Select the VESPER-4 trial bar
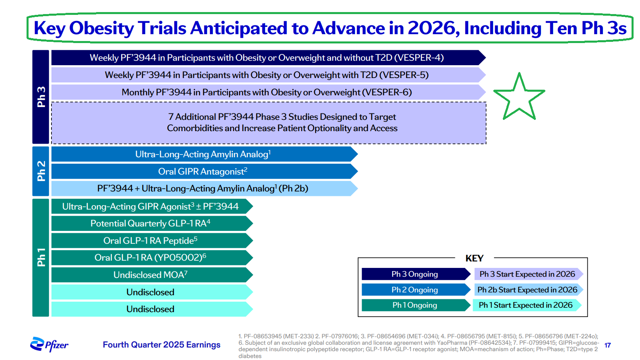pyautogui.click(x=267, y=58)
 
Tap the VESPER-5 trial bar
pyautogui.click(x=267, y=75)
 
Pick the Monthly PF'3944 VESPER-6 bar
pyautogui.click(x=267, y=92)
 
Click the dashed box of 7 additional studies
pyautogui.click(x=268, y=123)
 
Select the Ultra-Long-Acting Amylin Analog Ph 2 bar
pyautogui.click(x=203, y=154)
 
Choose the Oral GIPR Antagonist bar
pyautogui.click(x=203, y=171)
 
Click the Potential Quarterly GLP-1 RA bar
pyautogui.click(x=150, y=223)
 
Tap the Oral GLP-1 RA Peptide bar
pyautogui.click(x=150, y=241)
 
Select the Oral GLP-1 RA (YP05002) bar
pyautogui.click(x=150, y=257)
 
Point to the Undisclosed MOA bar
pyautogui.click(x=150, y=275)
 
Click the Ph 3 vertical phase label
pyautogui.click(x=41, y=97)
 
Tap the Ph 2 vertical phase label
pyautogui.click(x=41, y=171)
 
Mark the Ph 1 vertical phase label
pyautogui.click(x=41, y=257)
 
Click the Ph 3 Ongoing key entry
pyautogui.click(x=414, y=274)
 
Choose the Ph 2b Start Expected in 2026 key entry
pyautogui.click(x=527, y=290)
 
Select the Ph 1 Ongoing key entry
pyautogui.click(x=414, y=305)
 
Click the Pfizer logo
pyautogui.click(x=49, y=344)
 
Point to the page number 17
pyautogui.click(x=607, y=345)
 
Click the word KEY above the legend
pyautogui.click(x=474, y=258)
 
